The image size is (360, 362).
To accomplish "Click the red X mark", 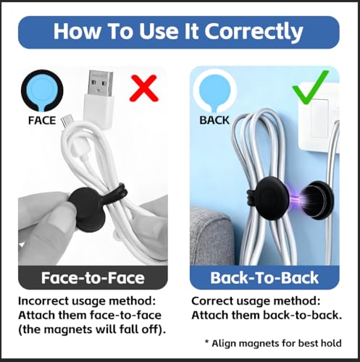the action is point(144,88).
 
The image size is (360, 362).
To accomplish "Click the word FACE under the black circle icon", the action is point(42,120).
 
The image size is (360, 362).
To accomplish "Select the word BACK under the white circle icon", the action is point(214,120).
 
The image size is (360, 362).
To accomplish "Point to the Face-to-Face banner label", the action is point(93,278).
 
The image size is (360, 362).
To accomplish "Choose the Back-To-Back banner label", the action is point(264,278).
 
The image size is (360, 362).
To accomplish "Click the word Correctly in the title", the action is point(254,31).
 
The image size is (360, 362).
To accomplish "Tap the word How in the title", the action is point(75,31).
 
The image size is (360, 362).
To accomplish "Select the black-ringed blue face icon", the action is point(42,90).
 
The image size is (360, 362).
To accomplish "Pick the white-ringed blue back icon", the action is point(214,90).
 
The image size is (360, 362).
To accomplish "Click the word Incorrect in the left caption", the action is point(43,301).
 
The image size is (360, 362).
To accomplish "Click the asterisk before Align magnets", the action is point(207,342).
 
